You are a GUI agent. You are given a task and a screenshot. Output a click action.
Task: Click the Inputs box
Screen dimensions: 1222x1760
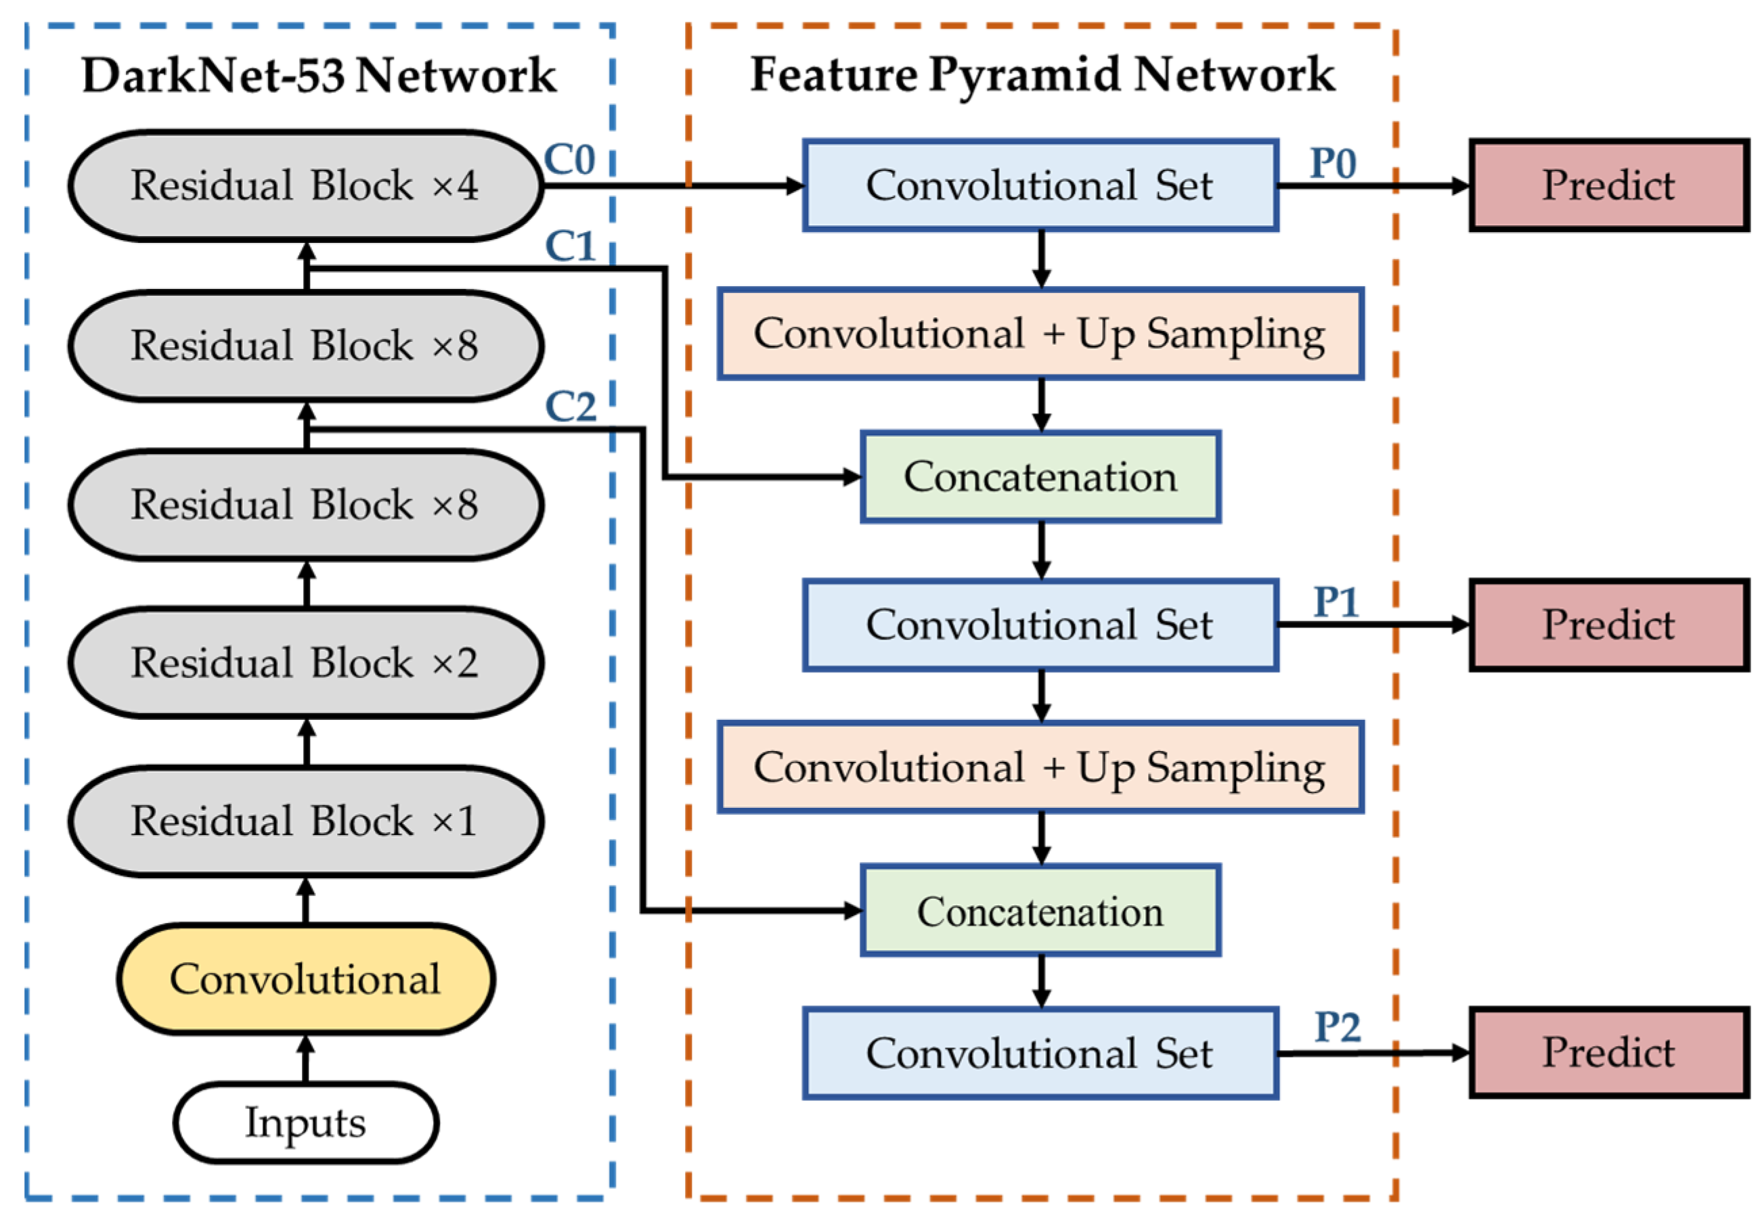pos(305,1123)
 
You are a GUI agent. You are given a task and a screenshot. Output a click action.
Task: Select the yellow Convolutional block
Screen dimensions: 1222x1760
pos(305,978)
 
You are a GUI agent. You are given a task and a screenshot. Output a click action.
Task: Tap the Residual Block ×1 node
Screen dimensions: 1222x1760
pos(305,821)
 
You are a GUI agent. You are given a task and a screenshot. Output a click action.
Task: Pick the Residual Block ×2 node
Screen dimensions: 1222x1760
pos(305,662)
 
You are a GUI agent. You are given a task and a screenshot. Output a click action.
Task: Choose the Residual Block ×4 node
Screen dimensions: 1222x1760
pos(305,185)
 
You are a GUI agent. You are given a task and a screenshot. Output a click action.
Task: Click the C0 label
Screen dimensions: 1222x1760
pos(569,160)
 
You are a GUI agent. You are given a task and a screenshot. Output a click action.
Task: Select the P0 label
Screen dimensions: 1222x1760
pos(1333,162)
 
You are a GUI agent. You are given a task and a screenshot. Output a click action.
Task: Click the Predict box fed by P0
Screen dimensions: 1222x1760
pos(1608,185)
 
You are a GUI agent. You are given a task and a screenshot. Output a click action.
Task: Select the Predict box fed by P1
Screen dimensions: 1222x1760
pos(1608,625)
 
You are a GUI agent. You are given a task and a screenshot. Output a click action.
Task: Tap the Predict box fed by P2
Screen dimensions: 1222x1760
pos(1608,1052)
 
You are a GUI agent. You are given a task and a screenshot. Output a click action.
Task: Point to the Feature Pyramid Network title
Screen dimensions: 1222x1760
pos(1042,74)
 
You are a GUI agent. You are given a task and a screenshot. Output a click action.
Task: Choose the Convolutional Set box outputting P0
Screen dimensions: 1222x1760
pos(1040,185)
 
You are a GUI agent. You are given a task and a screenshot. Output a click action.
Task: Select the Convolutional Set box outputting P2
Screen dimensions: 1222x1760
pos(1040,1054)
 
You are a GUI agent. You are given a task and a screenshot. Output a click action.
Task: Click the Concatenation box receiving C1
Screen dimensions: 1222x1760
pos(1040,477)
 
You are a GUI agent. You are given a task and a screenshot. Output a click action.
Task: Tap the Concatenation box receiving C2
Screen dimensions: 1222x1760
pos(1040,911)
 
